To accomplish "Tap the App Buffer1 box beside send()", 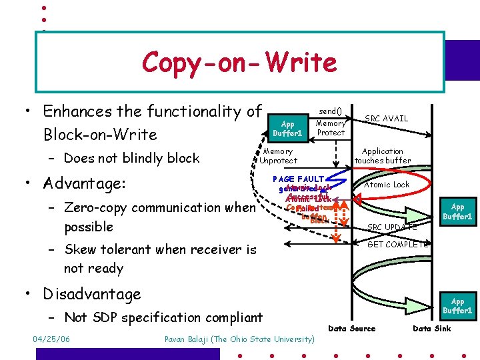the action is pyautogui.click(x=287, y=128).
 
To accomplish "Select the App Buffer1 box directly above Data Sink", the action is pyautogui.click(x=457, y=306).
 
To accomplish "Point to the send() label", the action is pyautogui.click(x=330, y=111).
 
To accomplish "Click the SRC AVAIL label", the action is pyautogui.click(x=386, y=119).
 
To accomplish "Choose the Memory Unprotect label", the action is pyautogui.click(x=278, y=156).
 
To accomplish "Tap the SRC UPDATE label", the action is pyautogui.click(x=392, y=227).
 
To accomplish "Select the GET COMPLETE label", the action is pyautogui.click(x=398, y=245).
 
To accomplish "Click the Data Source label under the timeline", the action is pyautogui.click(x=352, y=328).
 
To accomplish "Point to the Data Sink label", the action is pyautogui.click(x=432, y=328).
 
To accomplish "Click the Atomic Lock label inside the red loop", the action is pyautogui.click(x=386, y=185).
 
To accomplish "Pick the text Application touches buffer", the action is pyautogui.click(x=383, y=156).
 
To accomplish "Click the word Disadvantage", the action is pyautogui.click(x=92, y=294).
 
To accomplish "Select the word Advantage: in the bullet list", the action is pyautogui.click(x=89, y=183).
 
